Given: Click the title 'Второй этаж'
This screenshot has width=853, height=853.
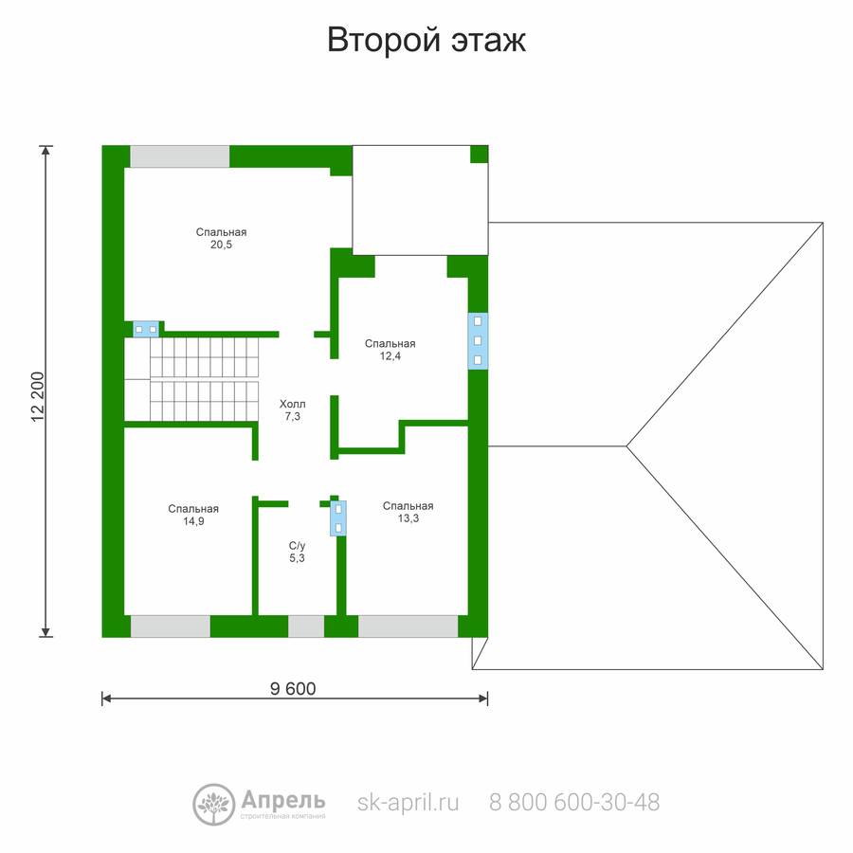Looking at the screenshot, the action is [x=426, y=40].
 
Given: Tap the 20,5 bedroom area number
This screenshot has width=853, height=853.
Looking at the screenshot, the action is [x=222, y=245].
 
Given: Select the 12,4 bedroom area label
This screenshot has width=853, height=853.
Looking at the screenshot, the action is [x=390, y=356].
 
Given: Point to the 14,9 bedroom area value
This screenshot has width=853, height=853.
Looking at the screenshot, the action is [x=193, y=521].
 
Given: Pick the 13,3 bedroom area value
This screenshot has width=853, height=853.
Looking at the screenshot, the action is [x=408, y=518].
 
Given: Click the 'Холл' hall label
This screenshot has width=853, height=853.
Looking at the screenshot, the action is [x=293, y=404].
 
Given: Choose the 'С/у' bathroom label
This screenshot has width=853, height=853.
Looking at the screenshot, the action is [x=297, y=546].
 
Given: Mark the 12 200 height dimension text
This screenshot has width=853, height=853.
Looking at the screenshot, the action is [x=37, y=396].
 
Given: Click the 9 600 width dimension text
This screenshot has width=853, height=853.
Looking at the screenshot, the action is [x=293, y=689].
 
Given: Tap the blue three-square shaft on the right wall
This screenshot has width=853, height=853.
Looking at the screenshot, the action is [x=478, y=341].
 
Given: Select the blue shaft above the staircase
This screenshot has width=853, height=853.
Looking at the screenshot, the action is [x=146, y=329].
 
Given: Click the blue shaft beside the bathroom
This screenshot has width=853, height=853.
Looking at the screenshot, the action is [x=338, y=517].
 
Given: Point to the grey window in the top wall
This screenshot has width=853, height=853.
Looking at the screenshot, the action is [x=179, y=156].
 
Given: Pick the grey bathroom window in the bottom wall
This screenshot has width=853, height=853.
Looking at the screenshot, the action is [x=306, y=626].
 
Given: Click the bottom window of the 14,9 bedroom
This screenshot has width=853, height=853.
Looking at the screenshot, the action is [x=171, y=626].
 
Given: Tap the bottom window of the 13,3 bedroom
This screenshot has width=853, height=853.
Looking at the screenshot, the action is [x=408, y=626].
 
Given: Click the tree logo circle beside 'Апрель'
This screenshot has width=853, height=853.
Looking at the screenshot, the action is [x=214, y=805].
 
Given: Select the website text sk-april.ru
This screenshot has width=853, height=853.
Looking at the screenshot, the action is [x=408, y=803].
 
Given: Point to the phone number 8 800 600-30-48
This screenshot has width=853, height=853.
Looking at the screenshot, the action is [x=574, y=802].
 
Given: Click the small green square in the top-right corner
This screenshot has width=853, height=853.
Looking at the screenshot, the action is [x=480, y=154].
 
